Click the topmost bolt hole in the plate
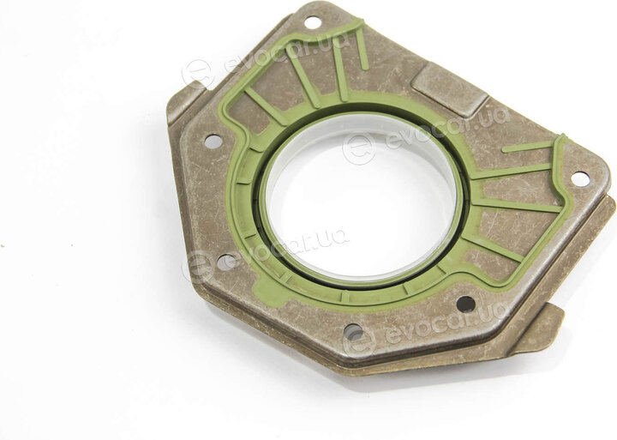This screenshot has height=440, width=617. (x=313, y=22)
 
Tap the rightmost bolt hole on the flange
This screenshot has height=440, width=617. (x=580, y=179)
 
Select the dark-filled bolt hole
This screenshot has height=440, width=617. (x=466, y=304)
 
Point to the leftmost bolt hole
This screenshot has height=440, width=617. (x=213, y=141)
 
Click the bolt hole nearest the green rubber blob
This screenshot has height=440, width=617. (x=226, y=262)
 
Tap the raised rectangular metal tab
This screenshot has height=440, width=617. (x=448, y=88)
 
